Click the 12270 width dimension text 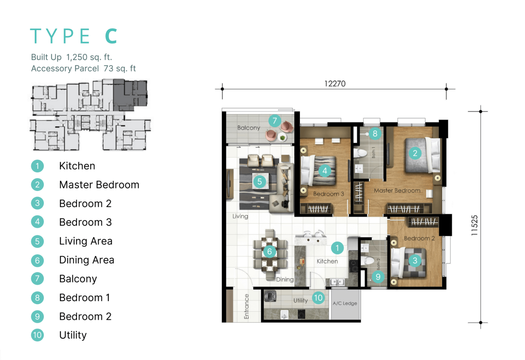pyautogui.click(x=335, y=84)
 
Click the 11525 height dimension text pyautogui.click(x=475, y=225)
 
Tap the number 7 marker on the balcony pyautogui.click(x=275, y=121)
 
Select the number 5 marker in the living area pyautogui.click(x=259, y=181)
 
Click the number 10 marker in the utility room pyautogui.click(x=318, y=298)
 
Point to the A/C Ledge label pyautogui.click(x=345, y=303)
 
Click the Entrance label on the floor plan pyautogui.click(x=246, y=306)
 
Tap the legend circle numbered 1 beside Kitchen pyautogui.click(x=37, y=166)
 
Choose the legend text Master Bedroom pyautogui.click(x=99, y=185)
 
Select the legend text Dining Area pyautogui.click(x=87, y=260)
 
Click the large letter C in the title pyautogui.click(x=111, y=36)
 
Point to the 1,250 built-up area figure pyautogui.click(x=77, y=57)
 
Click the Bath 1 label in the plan pyautogui.click(x=373, y=153)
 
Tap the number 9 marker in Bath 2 pyautogui.click(x=378, y=277)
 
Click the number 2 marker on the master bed pyautogui.click(x=415, y=153)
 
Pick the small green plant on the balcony pyautogui.click(x=283, y=138)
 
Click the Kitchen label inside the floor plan pyautogui.click(x=327, y=261)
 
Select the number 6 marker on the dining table pyautogui.click(x=270, y=251)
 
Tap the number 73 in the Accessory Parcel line pyautogui.click(x=108, y=68)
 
